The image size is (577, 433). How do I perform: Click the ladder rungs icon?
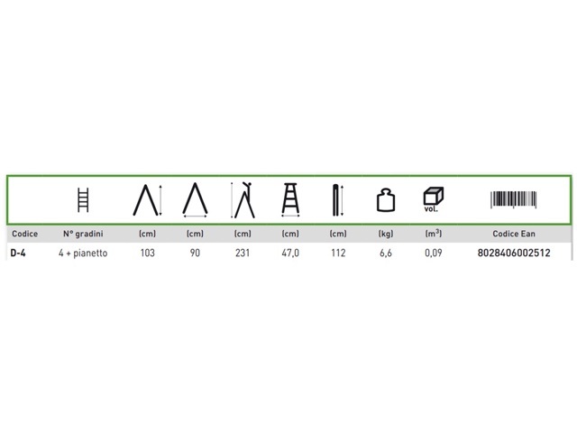(x=83, y=200)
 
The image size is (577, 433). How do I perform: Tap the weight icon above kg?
(x=386, y=200)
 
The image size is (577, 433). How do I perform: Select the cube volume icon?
(x=433, y=199)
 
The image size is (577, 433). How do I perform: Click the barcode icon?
(x=513, y=199)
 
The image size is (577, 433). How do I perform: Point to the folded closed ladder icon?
(x=338, y=200)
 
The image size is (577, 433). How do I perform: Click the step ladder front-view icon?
(x=290, y=199)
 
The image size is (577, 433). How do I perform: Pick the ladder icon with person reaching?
(x=243, y=200)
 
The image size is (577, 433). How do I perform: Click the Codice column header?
(x=24, y=234)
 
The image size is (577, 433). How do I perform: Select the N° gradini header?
(x=83, y=234)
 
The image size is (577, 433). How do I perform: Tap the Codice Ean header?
(x=514, y=234)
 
